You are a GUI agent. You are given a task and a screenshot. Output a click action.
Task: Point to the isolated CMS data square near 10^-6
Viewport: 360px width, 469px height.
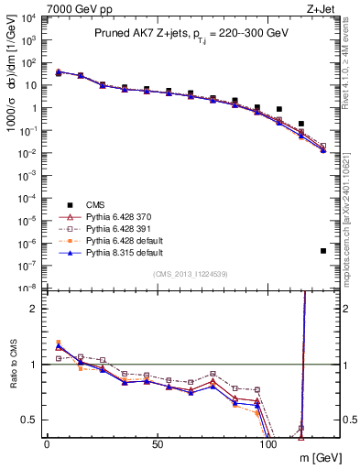coord(323,251)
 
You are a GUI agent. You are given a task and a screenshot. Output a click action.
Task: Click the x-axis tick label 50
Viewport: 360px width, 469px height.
coord(158,443)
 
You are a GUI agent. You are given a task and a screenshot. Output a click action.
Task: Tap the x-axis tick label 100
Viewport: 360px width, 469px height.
coord(268,443)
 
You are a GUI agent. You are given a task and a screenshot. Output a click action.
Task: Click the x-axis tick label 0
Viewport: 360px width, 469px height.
coord(47,443)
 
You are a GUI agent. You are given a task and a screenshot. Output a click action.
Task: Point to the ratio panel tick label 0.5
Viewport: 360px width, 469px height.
coord(29,420)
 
